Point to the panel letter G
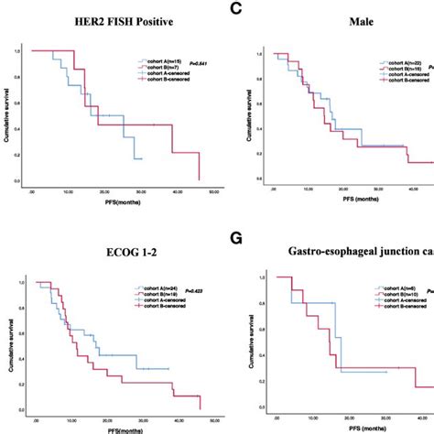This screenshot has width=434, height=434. (x=236, y=242)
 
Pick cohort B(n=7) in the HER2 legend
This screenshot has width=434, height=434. (x=155, y=68)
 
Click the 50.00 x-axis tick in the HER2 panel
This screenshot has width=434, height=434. (x=212, y=192)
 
